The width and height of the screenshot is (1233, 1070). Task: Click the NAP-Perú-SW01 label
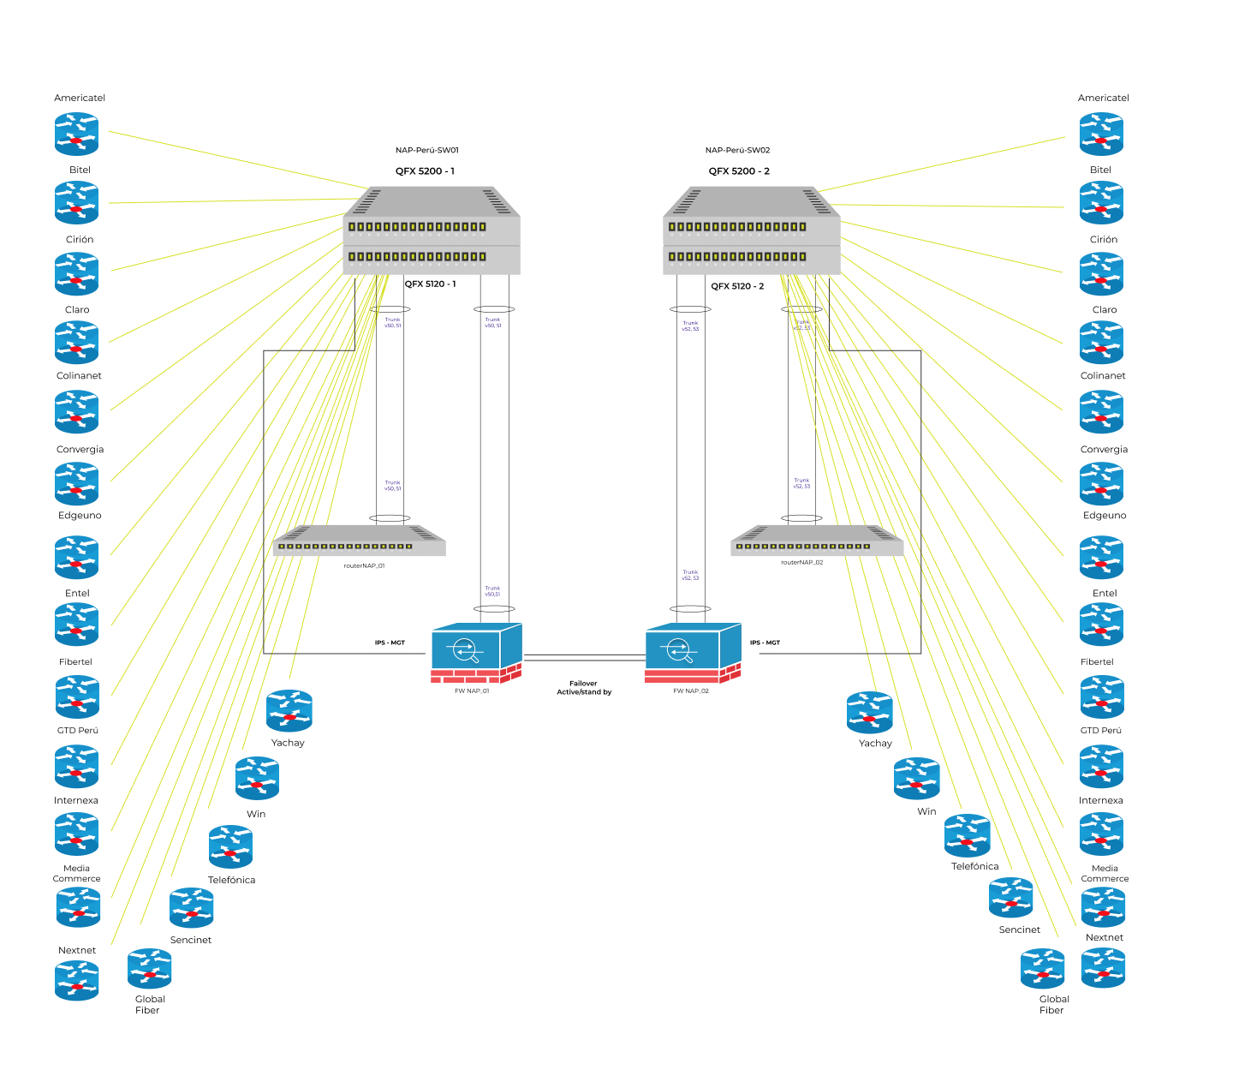tap(426, 150)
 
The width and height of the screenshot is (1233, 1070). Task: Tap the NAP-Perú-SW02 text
tap(737, 150)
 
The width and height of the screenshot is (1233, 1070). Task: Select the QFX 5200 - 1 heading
tap(425, 171)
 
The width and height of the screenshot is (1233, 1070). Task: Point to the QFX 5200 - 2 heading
tap(739, 171)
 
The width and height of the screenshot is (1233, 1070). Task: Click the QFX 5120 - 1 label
tap(430, 284)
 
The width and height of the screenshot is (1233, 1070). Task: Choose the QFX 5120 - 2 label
tap(737, 286)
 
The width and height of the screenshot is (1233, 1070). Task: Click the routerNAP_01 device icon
tap(360, 541)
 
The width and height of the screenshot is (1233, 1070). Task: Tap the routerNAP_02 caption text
tap(801, 563)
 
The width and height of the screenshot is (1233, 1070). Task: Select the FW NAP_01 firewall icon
tap(476, 653)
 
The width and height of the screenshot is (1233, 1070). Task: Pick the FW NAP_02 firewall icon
tap(692, 653)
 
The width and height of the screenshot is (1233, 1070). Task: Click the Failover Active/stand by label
tap(584, 688)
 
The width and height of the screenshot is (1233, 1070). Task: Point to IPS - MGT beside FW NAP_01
tap(390, 643)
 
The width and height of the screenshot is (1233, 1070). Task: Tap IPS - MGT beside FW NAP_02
tap(765, 643)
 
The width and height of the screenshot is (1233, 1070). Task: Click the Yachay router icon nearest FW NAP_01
tap(289, 711)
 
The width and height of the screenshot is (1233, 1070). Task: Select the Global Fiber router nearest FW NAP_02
tap(1042, 969)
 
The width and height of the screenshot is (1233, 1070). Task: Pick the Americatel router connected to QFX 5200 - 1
tap(77, 134)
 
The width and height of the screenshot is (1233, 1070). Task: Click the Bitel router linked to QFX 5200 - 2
tap(1101, 204)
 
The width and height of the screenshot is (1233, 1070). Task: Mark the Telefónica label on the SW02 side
tap(974, 866)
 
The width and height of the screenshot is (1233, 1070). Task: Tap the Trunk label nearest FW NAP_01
tap(492, 591)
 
